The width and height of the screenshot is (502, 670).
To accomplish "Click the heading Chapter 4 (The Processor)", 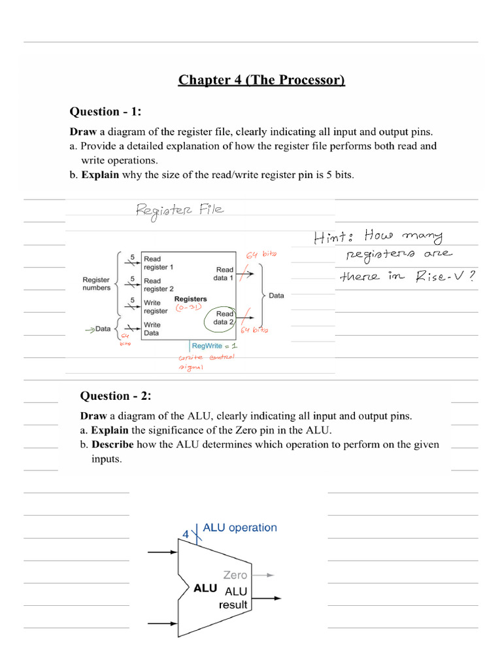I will pos(261,80).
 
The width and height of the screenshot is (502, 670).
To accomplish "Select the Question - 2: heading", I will pos(114,395).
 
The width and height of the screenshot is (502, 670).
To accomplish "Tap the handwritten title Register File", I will pos(179,209).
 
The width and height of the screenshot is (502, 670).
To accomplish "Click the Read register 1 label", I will pos(158,263).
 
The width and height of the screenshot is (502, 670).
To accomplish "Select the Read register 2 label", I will pos(158,285).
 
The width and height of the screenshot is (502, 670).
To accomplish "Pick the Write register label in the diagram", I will pos(156,307).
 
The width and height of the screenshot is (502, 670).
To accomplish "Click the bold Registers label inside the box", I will pos(190,299).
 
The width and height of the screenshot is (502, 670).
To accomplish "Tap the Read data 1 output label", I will pos(224,273).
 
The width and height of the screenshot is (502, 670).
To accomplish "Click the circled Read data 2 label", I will pos(223,317).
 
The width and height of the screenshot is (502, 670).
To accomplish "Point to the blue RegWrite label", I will pos(207,345).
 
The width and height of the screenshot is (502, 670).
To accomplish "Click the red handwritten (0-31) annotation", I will pos(188,308).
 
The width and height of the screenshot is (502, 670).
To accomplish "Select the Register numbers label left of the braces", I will pos(96,284).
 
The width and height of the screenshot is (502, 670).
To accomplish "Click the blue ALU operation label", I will pos(240,527).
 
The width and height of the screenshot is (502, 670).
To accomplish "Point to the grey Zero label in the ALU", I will pos(235,575).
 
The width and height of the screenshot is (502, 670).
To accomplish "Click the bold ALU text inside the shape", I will pos(205,588).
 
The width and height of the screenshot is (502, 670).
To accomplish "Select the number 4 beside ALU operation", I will pos(186,534).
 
